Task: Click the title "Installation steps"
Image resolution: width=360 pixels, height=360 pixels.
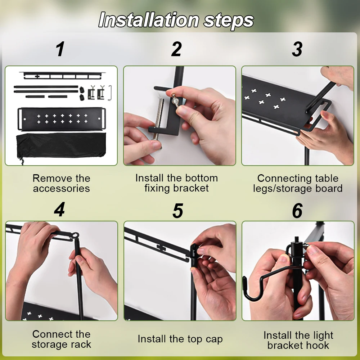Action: pos(176,20)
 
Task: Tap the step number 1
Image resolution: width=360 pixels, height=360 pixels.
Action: pos(60,49)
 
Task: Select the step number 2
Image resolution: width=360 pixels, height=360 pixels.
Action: pos(176,49)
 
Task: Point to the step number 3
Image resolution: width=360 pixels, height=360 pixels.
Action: pos(297,49)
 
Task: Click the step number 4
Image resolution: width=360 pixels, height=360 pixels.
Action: pos(59,210)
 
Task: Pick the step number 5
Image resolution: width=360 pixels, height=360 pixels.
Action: pos(178,211)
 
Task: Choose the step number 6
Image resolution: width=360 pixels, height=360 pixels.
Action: pos(297,211)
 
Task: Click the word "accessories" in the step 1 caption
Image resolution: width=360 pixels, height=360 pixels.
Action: pos(61,189)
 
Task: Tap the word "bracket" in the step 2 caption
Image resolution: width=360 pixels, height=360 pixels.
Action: pos(191,188)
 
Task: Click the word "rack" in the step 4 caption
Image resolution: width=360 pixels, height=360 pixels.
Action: pos(81,345)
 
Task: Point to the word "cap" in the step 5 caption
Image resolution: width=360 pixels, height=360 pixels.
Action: pos(214,339)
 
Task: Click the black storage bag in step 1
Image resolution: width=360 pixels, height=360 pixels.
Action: pos(61,145)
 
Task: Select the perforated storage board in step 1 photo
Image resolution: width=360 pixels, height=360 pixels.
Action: pos(62,119)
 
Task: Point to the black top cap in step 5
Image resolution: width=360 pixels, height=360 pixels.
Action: pos(194,255)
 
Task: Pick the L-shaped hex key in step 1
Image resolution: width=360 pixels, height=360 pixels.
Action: pos(111,93)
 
